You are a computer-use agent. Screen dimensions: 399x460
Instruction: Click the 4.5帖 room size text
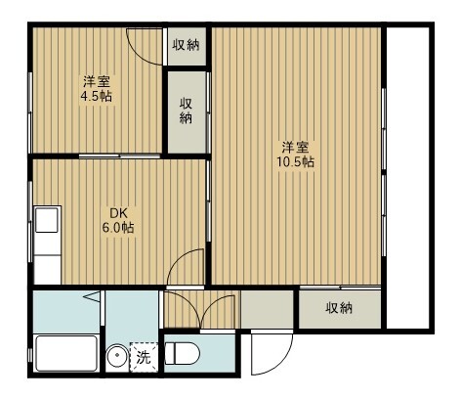pos(96,97)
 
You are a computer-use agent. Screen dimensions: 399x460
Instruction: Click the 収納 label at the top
pos(187,44)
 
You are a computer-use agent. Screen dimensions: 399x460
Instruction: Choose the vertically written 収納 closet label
pos(186,110)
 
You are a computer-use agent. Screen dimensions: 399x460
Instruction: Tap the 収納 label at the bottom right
pos(339,308)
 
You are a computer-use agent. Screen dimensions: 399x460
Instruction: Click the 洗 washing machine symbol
pos(144,358)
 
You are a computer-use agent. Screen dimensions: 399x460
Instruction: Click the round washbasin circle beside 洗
pos(118,357)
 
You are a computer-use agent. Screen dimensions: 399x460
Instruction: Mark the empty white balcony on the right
pos(408,176)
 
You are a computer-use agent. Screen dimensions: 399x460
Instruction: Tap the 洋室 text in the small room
pos(96,82)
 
